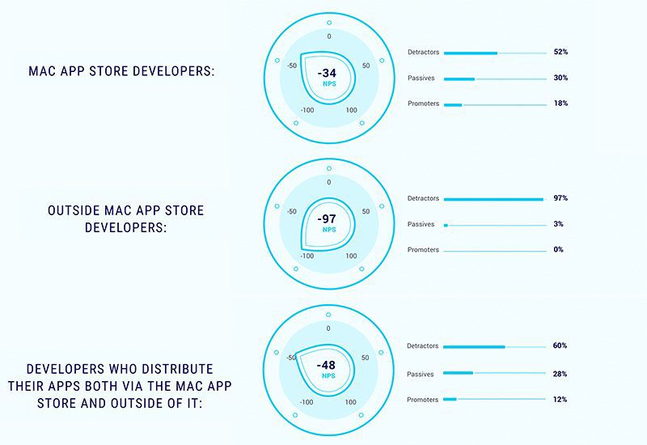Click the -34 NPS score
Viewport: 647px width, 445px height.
(328, 73)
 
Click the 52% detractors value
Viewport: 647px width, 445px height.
(560, 53)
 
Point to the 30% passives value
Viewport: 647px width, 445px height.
(560, 78)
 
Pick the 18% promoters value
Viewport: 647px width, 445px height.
(560, 104)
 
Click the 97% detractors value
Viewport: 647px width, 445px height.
(560, 198)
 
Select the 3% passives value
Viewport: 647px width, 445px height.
(559, 224)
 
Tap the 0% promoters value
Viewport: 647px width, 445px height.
(559, 250)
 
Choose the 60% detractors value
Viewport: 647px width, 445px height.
(560, 346)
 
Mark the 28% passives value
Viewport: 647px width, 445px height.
(560, 374)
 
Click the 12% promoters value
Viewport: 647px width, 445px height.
(560, 400)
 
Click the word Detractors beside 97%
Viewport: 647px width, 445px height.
(423, 198)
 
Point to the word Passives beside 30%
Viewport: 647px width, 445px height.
(421, 78)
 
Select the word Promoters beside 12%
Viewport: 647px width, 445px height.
(423, 400)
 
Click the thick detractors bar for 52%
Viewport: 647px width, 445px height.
(471, 53)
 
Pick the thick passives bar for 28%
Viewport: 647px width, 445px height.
(459, 374)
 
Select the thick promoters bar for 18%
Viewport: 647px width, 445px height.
(453, 104)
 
